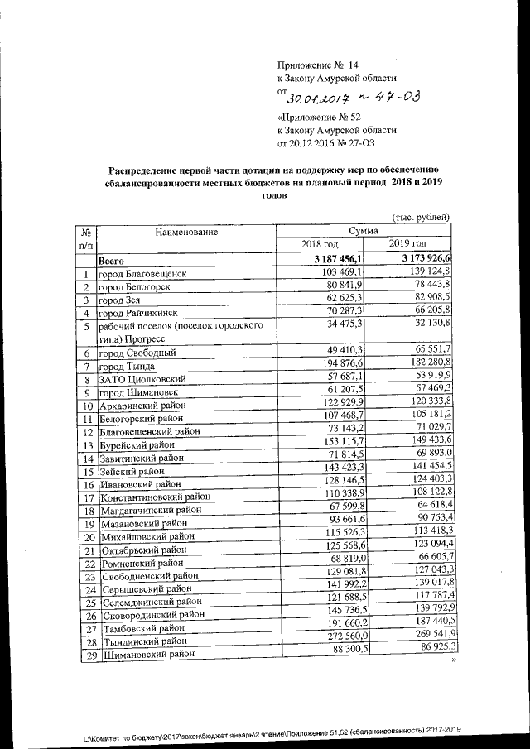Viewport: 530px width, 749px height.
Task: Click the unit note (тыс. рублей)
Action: point(421,218)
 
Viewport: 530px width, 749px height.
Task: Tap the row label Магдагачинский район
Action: point(151,511)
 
